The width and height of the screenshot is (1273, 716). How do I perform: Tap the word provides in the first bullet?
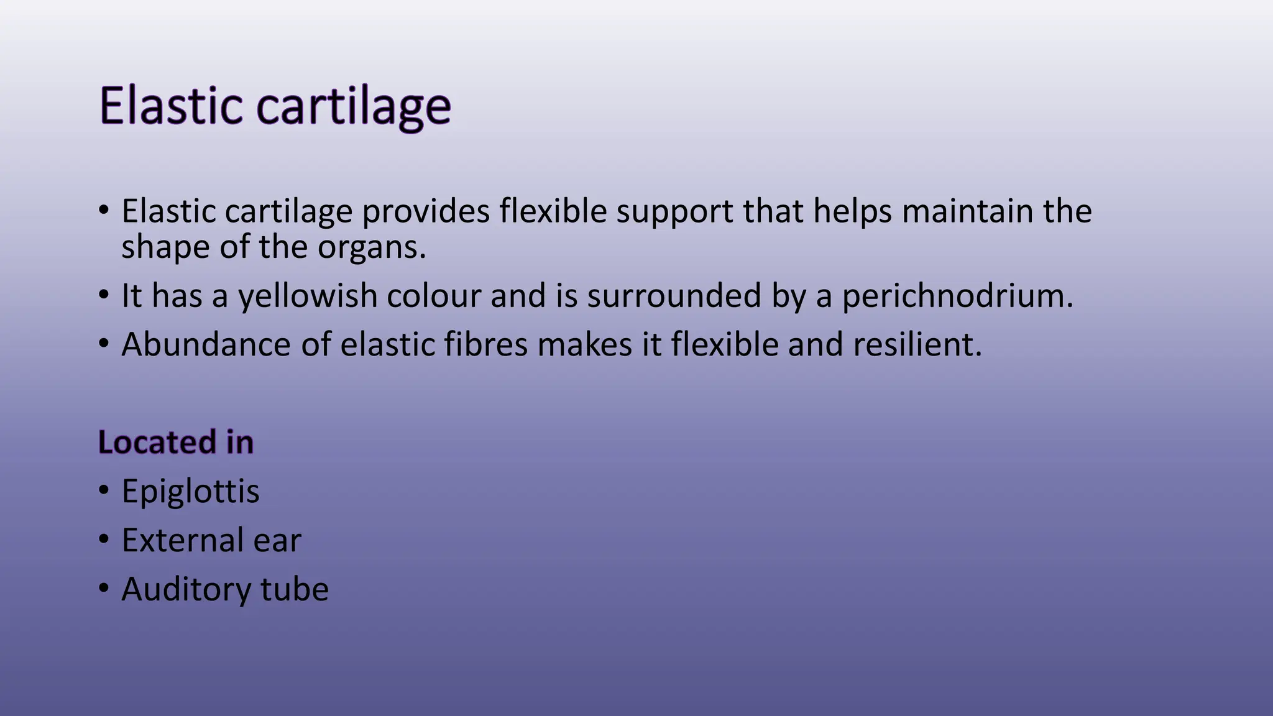pos(426,211)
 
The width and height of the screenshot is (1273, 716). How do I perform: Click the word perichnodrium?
pos(957,296)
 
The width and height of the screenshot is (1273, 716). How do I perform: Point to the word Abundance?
pos(206,344)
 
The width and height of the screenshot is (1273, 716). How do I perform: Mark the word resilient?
pos(917,344)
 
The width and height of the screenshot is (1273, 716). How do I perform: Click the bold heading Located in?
pos(176,443)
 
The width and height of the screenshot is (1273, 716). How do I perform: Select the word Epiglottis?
pos(190,492)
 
